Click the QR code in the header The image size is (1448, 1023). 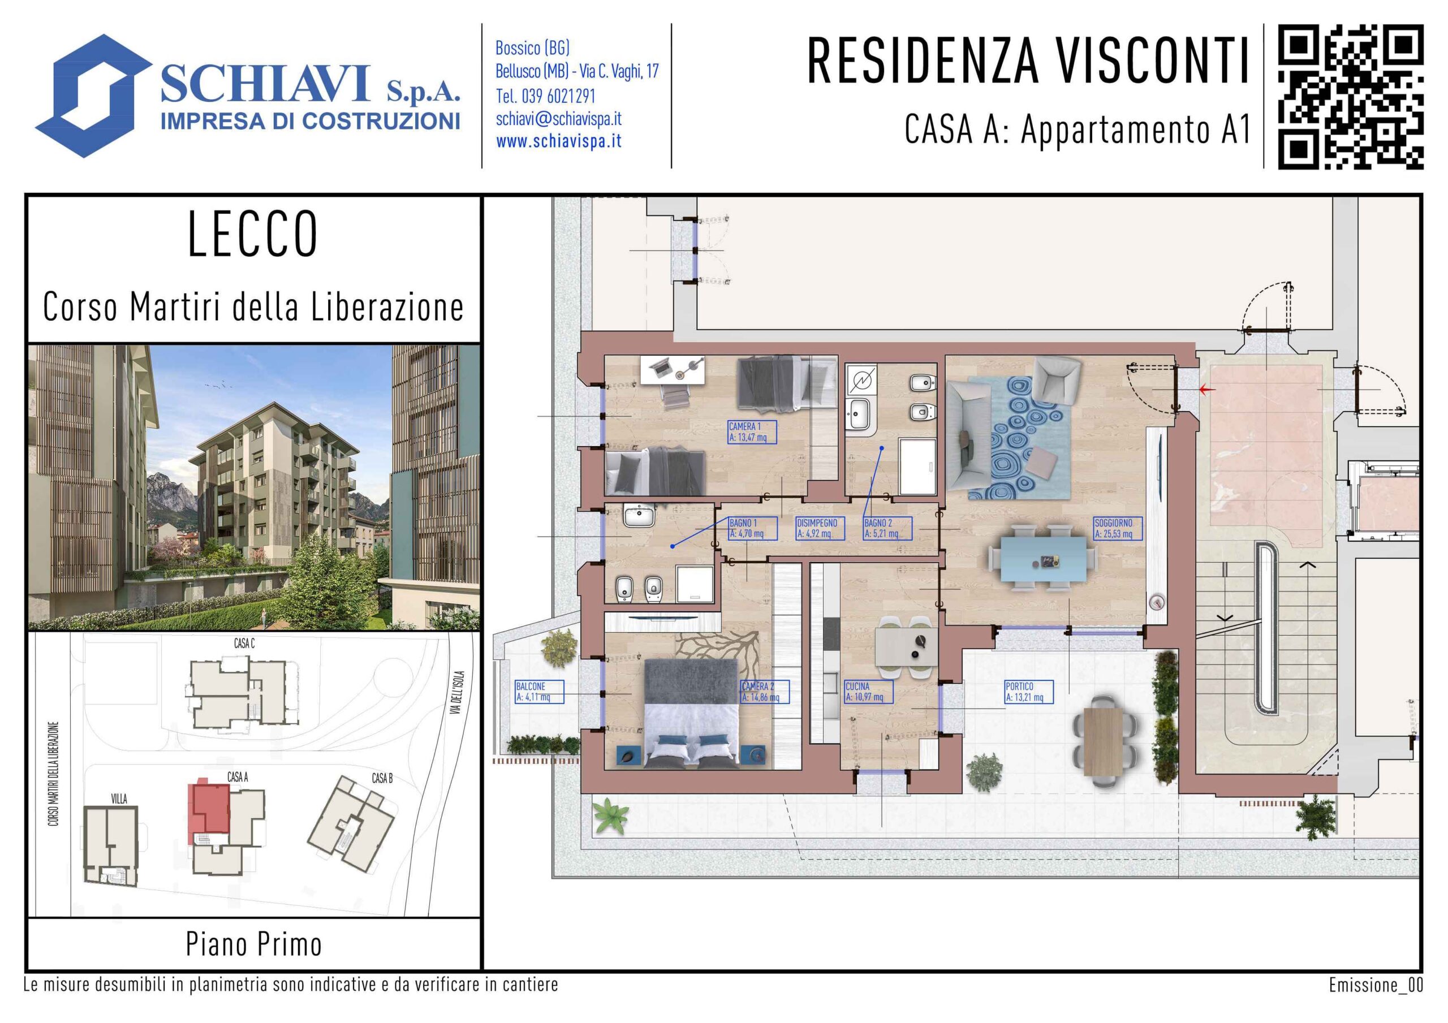point(1351,97)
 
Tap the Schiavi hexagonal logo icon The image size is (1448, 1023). point(93,96)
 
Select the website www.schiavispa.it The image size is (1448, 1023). point(559,142)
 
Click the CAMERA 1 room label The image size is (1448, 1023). point(752,432)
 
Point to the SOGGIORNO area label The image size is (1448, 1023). point(1118,529)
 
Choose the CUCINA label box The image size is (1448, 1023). point(868,692)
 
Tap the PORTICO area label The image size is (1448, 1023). point(1028,692)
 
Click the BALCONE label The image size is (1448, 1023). point(539,692)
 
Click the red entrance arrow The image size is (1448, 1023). point(1207,390)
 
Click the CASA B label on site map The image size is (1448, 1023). point(382,778)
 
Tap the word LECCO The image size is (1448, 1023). point(253,234)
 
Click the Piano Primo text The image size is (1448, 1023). point(253,944)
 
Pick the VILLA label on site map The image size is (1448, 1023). point(119,799)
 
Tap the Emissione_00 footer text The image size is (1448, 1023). point(1376,985)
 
